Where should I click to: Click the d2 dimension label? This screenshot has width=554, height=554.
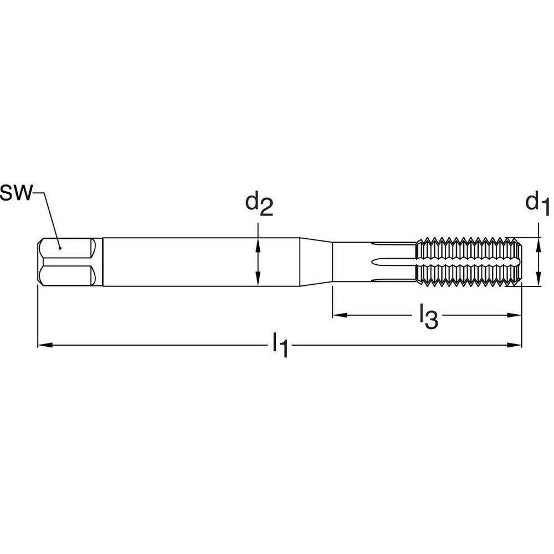259,206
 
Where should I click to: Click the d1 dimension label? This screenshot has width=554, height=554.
537,204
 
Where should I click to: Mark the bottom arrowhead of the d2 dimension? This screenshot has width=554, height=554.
258,282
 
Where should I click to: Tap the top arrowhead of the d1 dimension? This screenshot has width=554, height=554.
538,242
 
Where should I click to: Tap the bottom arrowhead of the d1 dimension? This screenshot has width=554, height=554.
538,281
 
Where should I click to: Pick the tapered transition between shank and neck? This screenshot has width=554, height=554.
316,262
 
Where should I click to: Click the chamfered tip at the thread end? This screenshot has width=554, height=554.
517,261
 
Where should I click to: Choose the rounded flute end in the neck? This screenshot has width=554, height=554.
377,261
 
